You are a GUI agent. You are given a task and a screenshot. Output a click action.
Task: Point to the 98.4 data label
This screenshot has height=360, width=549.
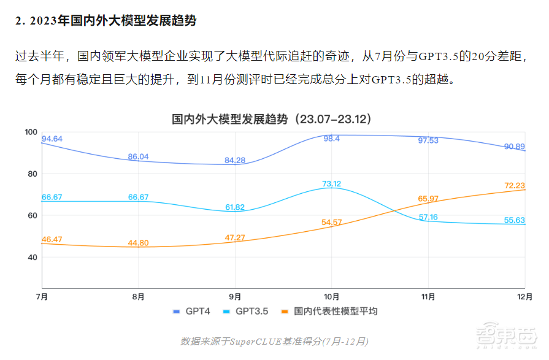click(332, 139)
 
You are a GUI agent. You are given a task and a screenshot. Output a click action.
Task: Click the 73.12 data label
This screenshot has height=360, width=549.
click(332, 183)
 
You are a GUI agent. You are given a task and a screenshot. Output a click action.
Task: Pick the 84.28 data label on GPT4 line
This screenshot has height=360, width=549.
click(235, 160)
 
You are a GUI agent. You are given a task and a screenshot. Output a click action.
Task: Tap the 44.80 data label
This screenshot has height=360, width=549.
click(138, 243)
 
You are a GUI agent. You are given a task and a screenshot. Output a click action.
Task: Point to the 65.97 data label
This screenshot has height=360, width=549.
click(428, 199)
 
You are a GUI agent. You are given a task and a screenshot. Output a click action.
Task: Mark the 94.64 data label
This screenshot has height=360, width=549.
click(52, 139)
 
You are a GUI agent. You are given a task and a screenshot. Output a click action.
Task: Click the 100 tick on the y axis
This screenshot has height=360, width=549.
click(31, 132)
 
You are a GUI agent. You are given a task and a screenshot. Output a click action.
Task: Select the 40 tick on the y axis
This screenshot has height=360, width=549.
click(33, 258)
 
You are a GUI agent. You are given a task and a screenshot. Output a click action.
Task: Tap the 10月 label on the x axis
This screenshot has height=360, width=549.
click(332, 297)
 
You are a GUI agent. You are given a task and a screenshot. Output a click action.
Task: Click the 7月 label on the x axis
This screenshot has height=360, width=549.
click(42, 297)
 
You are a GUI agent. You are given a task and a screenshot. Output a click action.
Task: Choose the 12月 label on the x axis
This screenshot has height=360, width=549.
click(523, 297)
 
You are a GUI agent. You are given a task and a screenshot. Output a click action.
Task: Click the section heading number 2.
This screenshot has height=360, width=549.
click(19, 21)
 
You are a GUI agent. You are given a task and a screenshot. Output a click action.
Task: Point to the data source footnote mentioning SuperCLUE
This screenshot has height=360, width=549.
click(274, 341)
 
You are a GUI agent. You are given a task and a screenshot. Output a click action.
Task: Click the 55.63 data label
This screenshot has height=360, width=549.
click(514, 220)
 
